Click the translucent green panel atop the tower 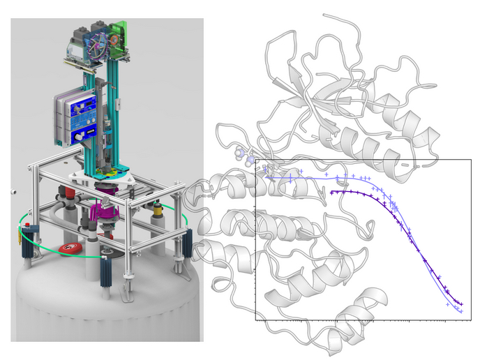(x=119, y=34)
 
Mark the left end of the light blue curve (x=265, y=177)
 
